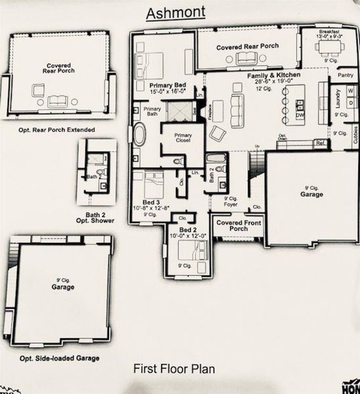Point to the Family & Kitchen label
pos(274,76)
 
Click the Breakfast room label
pos(329,33)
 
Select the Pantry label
pos(345,76)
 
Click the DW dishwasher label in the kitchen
pos(300,116)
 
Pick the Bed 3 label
pos(151,202)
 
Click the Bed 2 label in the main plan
pos(187,230)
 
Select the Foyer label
pos(230,204)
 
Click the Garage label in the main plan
pos(311,195)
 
